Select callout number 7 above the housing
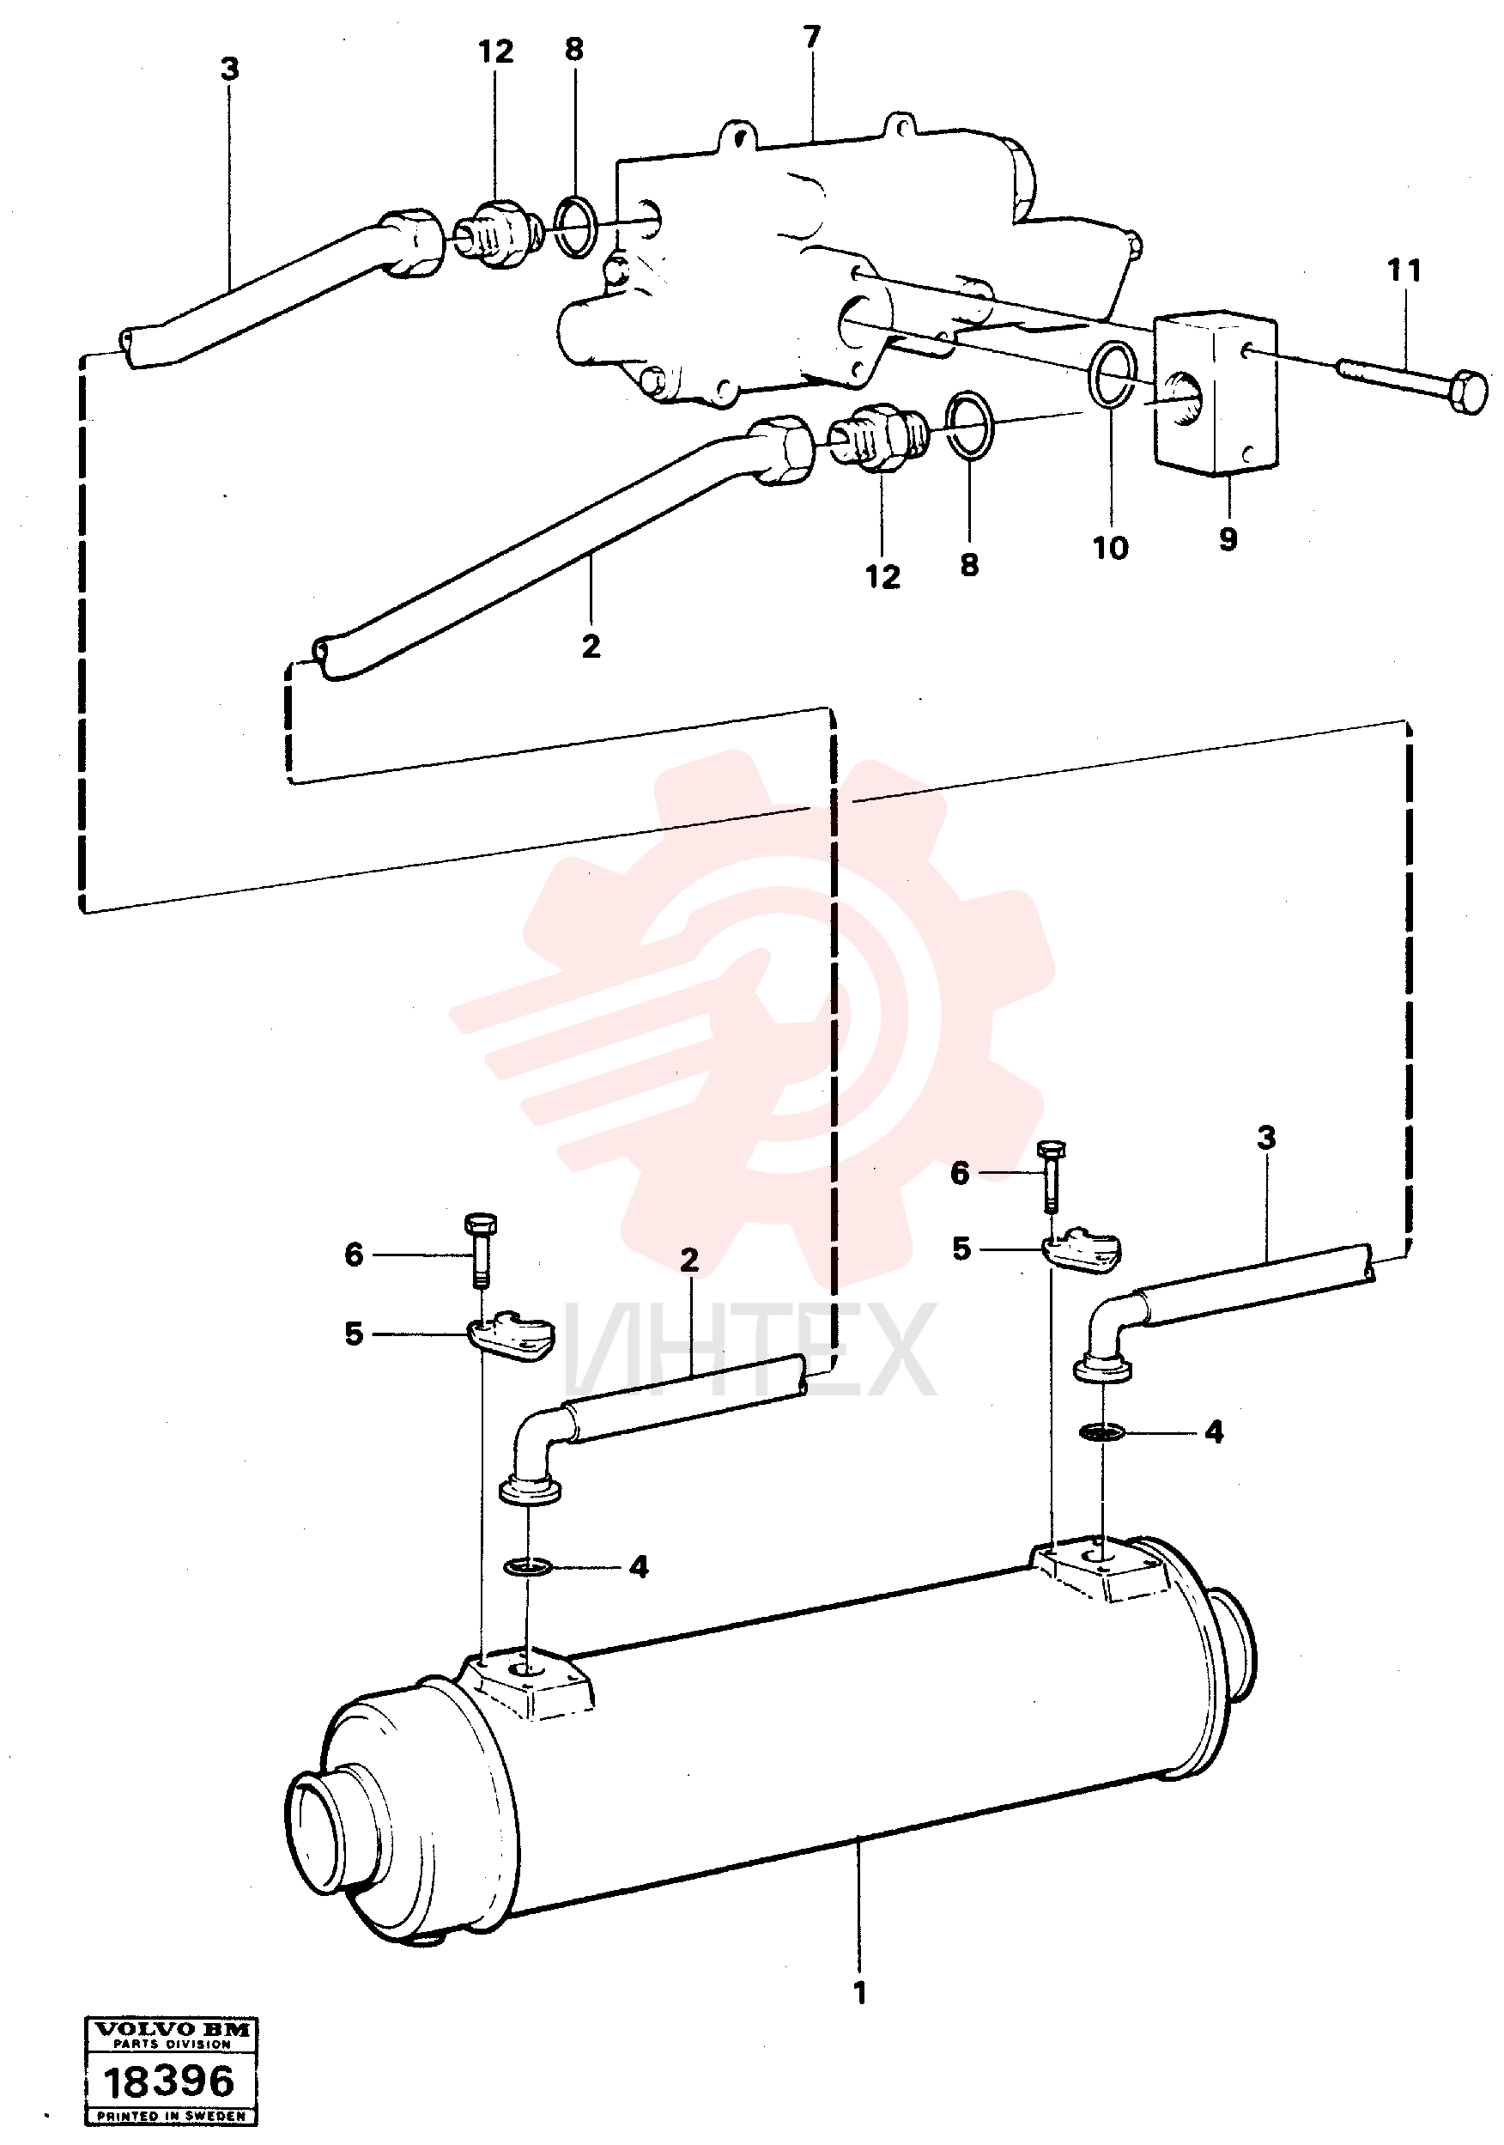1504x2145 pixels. click(x=812, y=38)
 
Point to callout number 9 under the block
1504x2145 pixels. click(x=1228, y=538)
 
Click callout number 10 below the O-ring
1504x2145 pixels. click(x=1111, y=549)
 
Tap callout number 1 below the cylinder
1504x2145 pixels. click(x=859, y=1994)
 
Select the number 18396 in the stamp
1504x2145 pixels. click(x=168, y=2081)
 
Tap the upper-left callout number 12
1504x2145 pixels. click(x=495, y=52)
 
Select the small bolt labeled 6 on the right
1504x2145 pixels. click(x=1050, y=1177)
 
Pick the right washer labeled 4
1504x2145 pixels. click(x=1103, y=1431)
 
